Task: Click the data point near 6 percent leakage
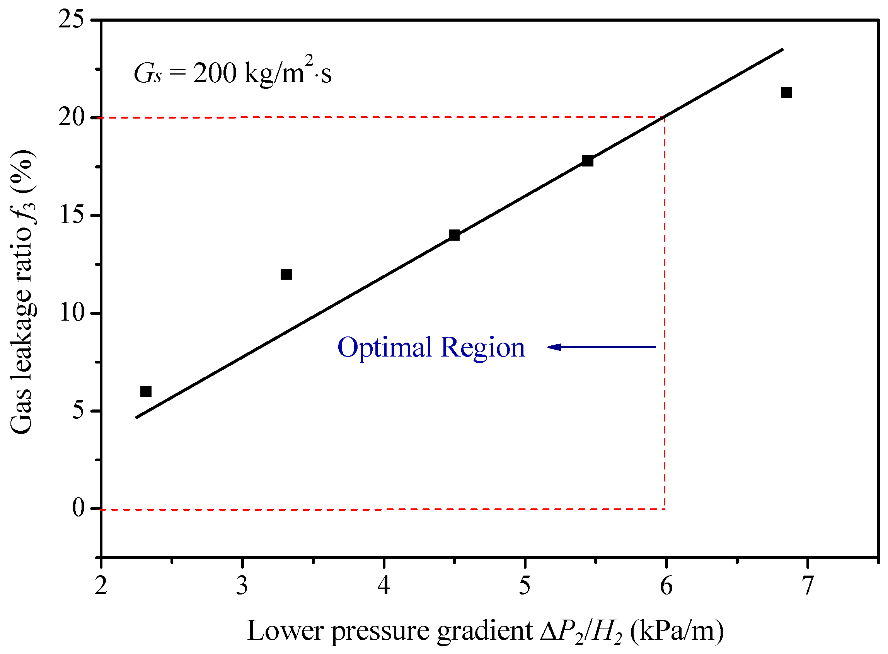(x=146, y=392)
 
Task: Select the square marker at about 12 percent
(x=286, y=274)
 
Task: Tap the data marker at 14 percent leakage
(x=454, y=235)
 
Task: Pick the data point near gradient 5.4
(x=588, y=161)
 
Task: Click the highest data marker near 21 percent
(x=786, y=93)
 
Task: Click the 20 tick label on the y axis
(x=72, y=117)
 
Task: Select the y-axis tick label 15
(x=72, y=216)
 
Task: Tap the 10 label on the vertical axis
(x=72, y=313)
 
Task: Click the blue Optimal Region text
(x=431, y=348)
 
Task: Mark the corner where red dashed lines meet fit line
(x=664, y=117)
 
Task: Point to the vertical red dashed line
(x=664, y=317)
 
